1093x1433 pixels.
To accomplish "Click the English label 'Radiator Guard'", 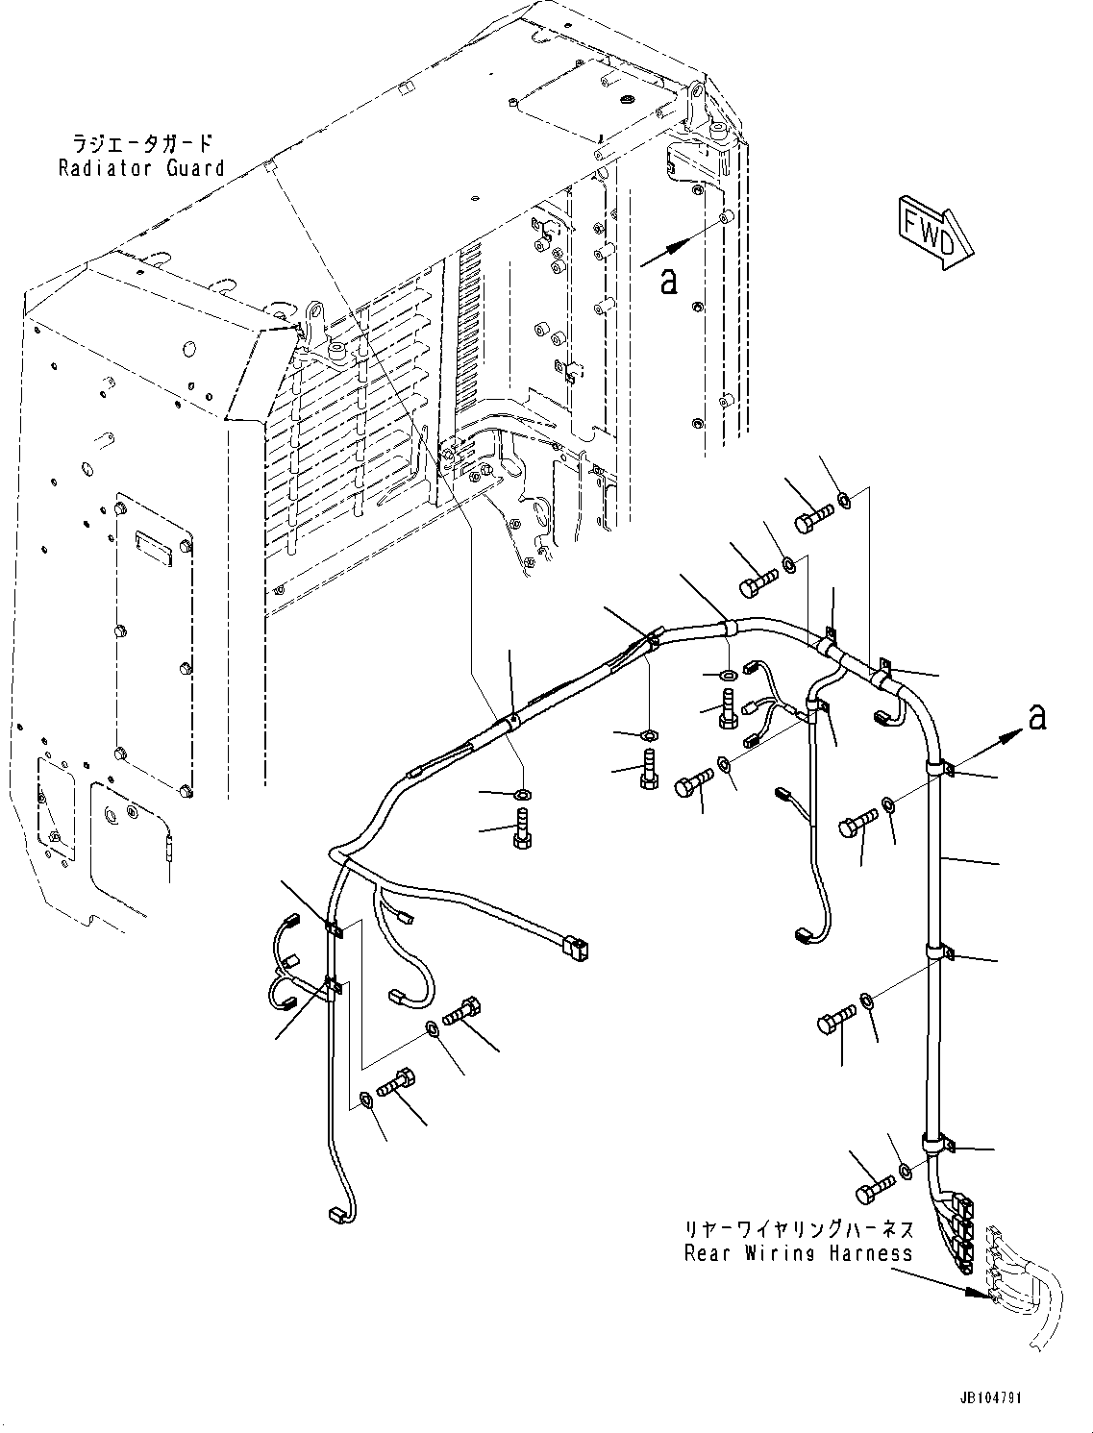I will coord(140,169).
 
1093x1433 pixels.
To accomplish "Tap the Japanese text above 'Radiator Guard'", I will coord(140,144).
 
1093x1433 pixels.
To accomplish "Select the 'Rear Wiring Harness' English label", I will coord(798,1253).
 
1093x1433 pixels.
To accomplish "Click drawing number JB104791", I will coord(990,1397).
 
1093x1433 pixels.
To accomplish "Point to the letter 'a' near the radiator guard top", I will coord(669,281).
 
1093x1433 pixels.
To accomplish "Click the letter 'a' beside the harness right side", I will coord(1036,716).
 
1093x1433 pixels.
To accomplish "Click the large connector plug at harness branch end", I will coord(576,951).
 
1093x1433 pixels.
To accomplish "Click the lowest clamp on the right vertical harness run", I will coord(934,1143).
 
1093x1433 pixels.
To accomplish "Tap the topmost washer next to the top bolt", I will coord(843,499).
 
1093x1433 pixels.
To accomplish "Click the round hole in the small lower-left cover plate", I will coord(112,816).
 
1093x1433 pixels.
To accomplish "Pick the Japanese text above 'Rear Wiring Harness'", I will coord(798,1229).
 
